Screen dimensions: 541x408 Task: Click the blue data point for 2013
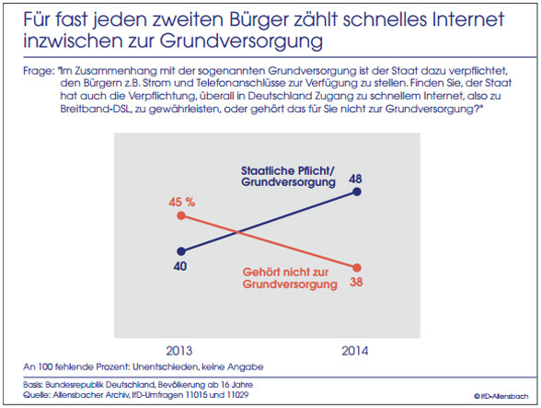coord(181,251)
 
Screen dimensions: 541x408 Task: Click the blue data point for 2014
coord(357,192)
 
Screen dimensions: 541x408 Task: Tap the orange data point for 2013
coord(181,216)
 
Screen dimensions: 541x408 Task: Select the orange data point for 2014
coord(357,268)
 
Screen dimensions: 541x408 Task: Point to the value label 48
coord(355,179)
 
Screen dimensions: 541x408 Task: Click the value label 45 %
coord(182,202)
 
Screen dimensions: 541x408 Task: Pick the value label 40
coord(180,266)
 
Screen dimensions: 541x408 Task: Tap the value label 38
coord(356,282)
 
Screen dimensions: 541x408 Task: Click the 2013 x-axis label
coord(179,351)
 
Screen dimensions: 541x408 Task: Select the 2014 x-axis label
coord(355,351)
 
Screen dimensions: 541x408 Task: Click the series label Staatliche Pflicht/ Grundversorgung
coord(288,176)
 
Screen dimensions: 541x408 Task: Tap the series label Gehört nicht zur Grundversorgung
coord(290,278)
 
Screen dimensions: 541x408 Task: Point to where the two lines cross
coord(237,232)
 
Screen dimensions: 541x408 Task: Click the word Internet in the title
coord(468,19)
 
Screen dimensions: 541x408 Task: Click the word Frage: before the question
coord(39,71)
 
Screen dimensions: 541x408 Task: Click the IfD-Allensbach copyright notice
coord(501,396)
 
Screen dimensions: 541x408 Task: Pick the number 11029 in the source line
coord(237,394)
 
